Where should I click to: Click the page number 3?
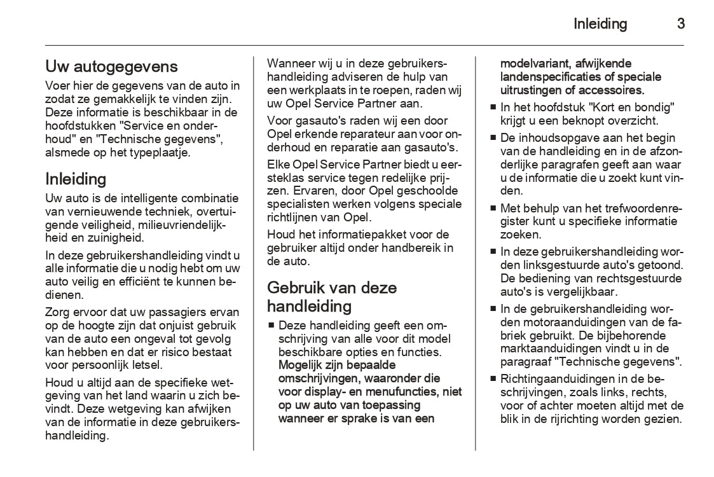click(x=680, y=24)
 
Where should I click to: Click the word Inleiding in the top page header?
click(x=600, y=24)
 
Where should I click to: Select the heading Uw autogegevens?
click(x=111, y=66)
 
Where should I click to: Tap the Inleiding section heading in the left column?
click(x=76, y=178)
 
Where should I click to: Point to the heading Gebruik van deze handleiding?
click(x=331, y=297)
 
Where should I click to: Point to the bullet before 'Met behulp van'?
click(x=493, y=208)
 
